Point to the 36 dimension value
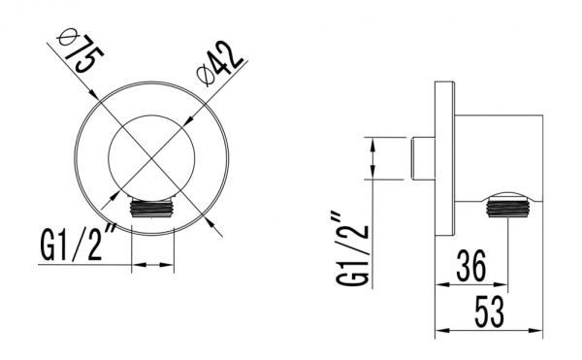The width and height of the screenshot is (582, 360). tap(471, 266)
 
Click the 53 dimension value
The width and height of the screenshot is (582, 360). tap(490, 311)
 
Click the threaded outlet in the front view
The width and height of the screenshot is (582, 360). tap(152, 207)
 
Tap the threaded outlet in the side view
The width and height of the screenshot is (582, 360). tap(506, 207)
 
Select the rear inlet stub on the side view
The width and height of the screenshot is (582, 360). tap(423, 158)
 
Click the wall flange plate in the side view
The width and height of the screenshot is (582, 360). tap(444, 158)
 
